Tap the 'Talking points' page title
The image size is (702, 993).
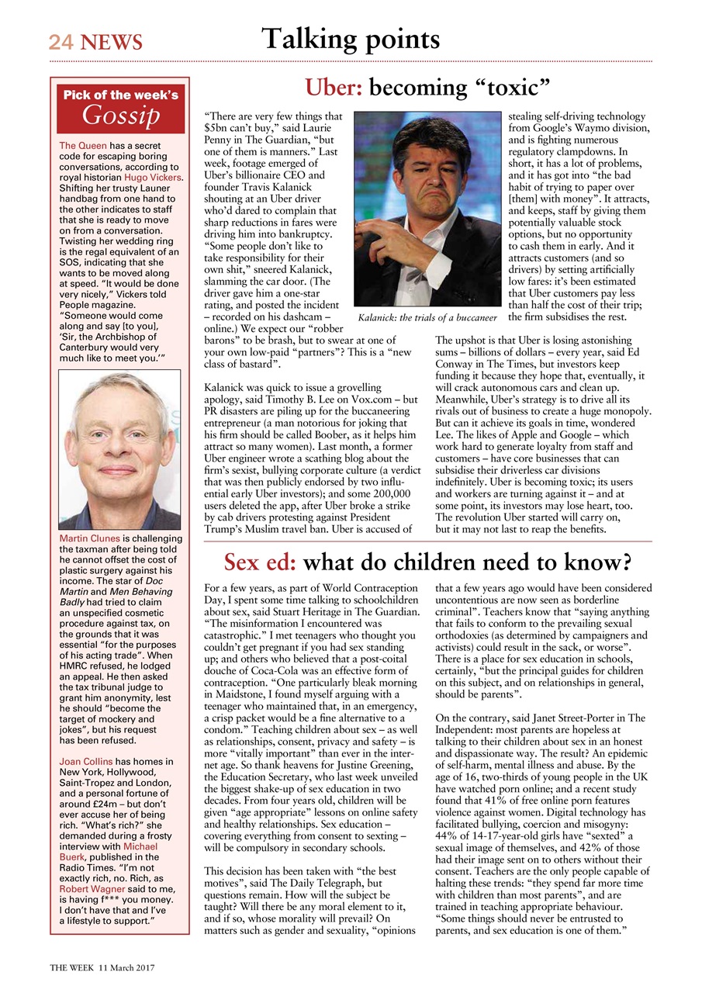pyautogui.click(x=351, y=39)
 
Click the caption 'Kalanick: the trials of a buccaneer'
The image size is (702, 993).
pyautogui.click(x=427, y=318)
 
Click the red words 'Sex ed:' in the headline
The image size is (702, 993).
pyautogui.click(x=259, y=561)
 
